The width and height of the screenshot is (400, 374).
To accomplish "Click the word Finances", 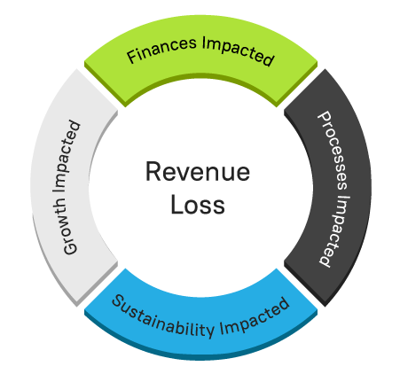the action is click(161, 50).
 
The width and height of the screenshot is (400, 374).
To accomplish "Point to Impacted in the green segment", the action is click(239, 51).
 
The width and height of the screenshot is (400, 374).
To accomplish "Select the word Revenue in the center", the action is click(198, 172).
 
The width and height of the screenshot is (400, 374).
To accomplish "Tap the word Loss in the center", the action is click(198, 205).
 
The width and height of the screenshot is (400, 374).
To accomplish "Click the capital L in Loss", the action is click(176, 204).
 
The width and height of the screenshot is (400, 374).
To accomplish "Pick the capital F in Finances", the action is click(132, 57).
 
